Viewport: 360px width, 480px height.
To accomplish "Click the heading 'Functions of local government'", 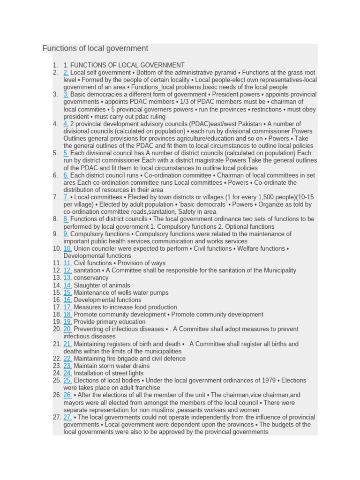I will (x=95, y=48).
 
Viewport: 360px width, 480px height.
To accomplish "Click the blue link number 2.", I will (x=66, y=73).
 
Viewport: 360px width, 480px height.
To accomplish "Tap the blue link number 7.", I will (x=66, y=197).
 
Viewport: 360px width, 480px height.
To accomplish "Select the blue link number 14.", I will (x=67, y=285).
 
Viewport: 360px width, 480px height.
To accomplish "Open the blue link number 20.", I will (x=67, y=329).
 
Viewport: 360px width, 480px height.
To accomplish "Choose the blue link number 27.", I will (x=67, y=417).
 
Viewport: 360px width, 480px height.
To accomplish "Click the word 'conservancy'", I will (x=91, y=277).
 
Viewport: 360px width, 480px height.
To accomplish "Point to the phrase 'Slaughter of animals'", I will (x=102, y=285).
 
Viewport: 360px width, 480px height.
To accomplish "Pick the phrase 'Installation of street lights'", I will (x=109, y=373).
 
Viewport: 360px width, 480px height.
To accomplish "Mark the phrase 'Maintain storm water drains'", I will (x=112, y=366).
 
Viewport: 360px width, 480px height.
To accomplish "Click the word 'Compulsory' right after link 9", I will (x=86, y=234).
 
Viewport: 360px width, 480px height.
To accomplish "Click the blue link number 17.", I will (x=67, y=307).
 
